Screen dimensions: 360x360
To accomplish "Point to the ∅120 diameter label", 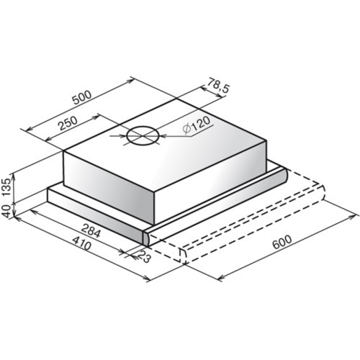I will coord(196,125).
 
